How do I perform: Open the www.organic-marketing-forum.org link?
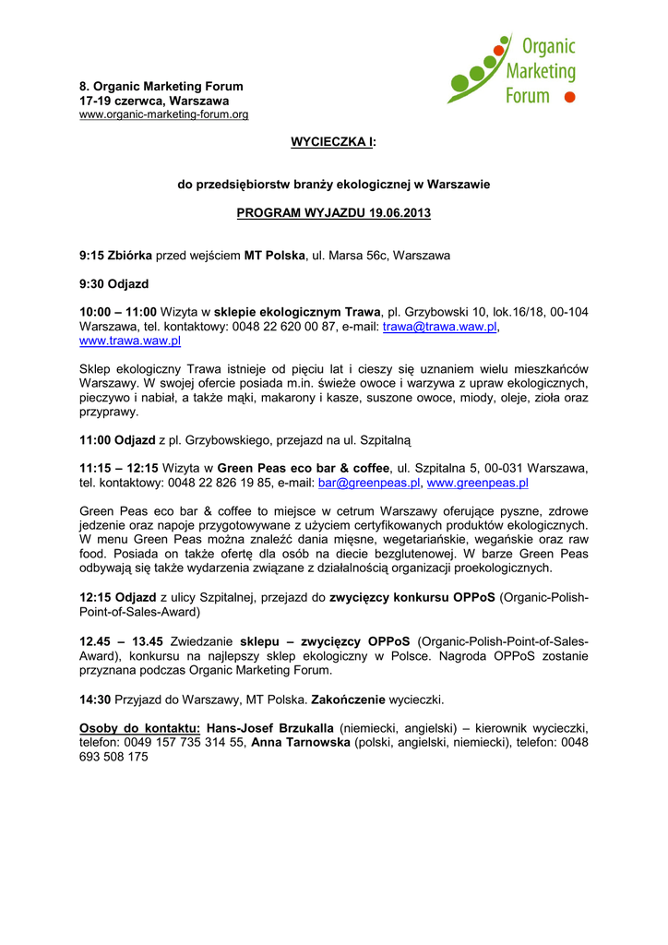(163, 114)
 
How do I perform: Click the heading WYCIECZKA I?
(333, 140)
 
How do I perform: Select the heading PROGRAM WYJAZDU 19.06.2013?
(333, 212)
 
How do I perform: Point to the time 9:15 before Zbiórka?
(91, 255)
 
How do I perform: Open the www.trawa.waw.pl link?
(130, 341)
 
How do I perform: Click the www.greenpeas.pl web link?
(477, 483)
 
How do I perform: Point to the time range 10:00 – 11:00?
(118, 313)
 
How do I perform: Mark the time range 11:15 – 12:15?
(118, 468)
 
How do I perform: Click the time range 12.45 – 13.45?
(121, 641)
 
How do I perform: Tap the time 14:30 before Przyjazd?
(95, 699)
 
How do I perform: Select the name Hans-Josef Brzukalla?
(269, 728)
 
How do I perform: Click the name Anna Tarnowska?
(301, 742)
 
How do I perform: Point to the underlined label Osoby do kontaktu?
(139, 728)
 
